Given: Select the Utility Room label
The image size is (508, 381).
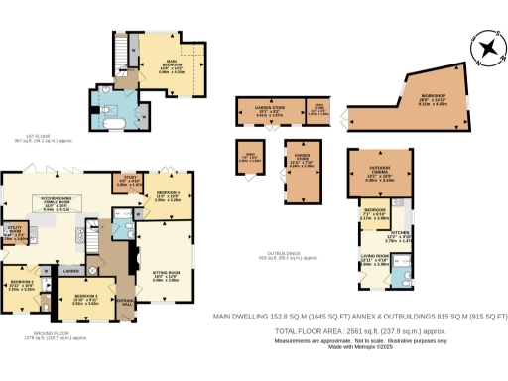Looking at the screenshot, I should (x=15, y=234).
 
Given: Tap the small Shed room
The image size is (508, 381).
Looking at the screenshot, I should (x=249, y=157).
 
